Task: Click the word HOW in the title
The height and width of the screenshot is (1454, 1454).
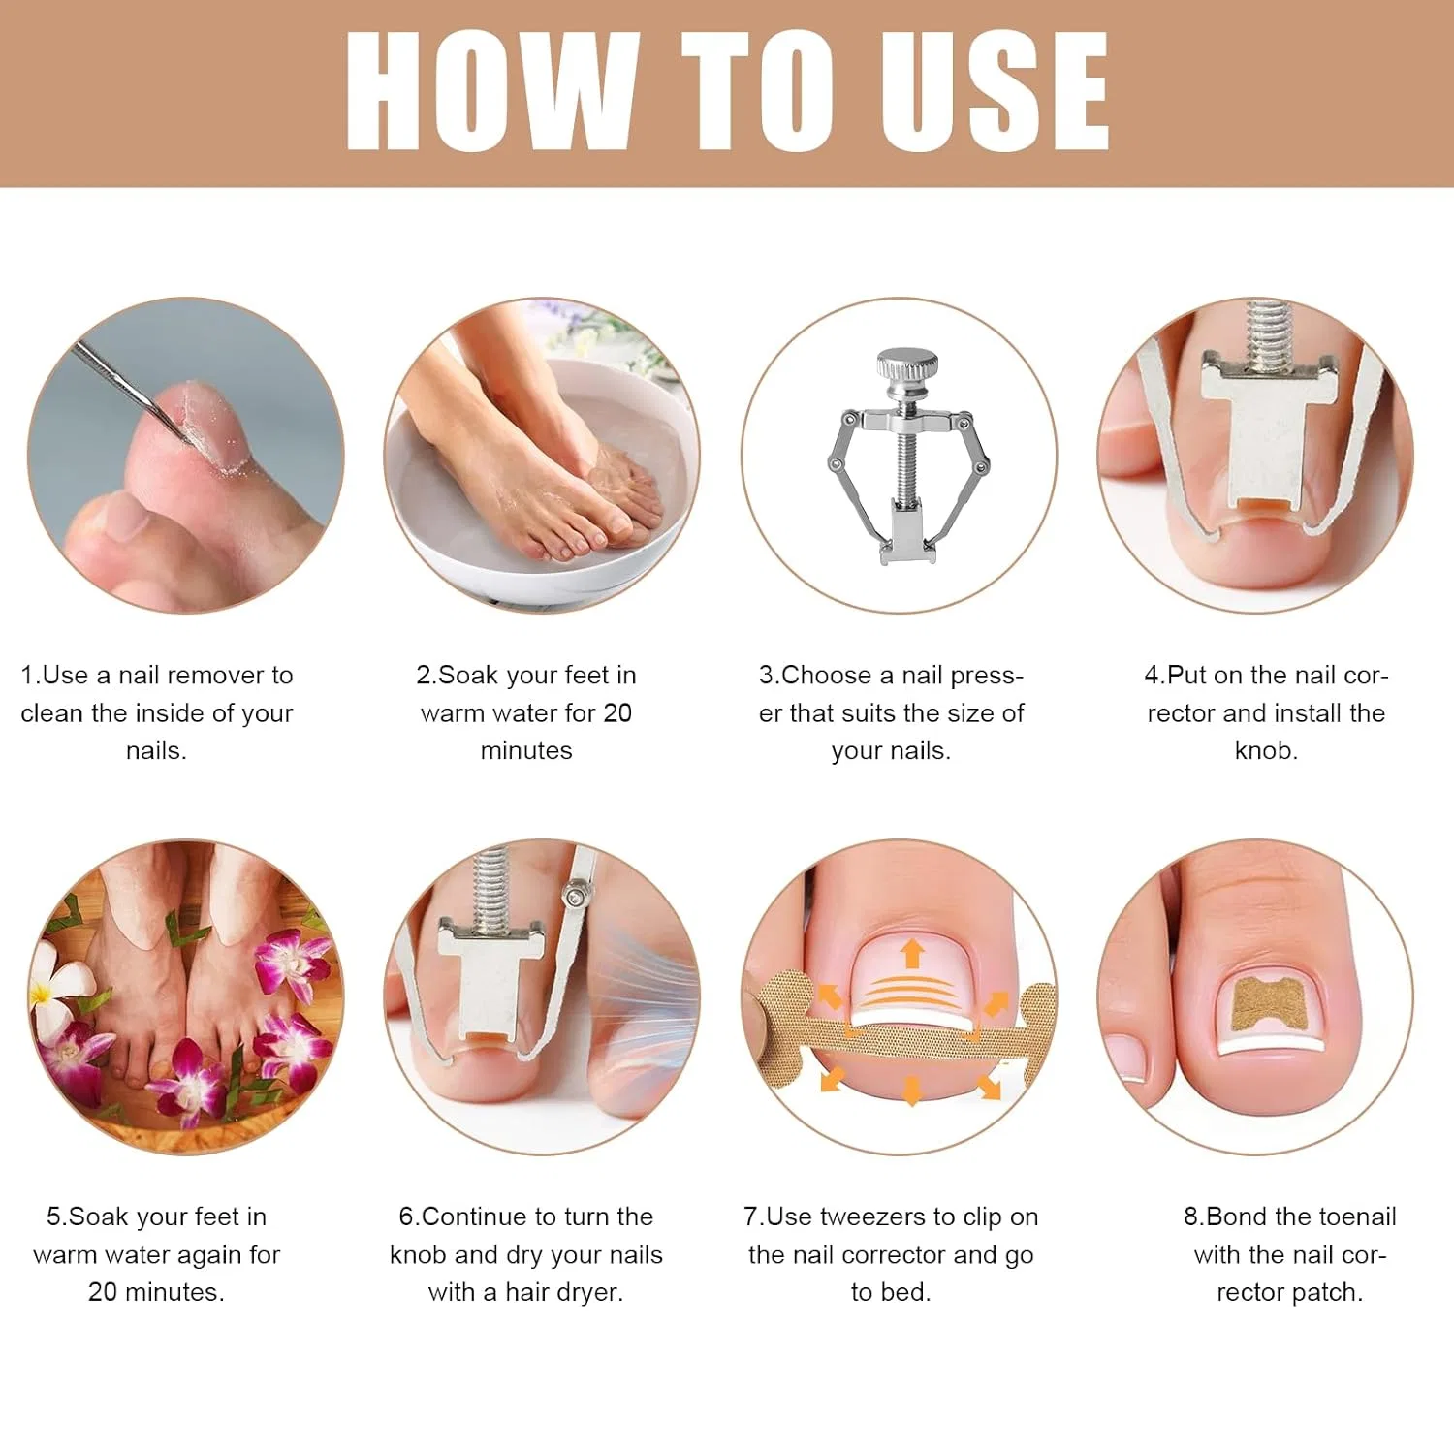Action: [492, 91]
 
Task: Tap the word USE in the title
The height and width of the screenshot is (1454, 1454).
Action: [995, 91]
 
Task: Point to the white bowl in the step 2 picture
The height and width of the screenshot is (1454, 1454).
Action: [543, 485]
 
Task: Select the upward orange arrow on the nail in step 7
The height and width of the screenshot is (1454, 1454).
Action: [911, 953]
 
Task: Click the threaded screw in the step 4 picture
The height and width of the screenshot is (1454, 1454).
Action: [1267, 335]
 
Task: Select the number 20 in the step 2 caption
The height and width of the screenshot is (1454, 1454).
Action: [617, 713]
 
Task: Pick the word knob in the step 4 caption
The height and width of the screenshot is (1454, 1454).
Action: [1266, 750]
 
